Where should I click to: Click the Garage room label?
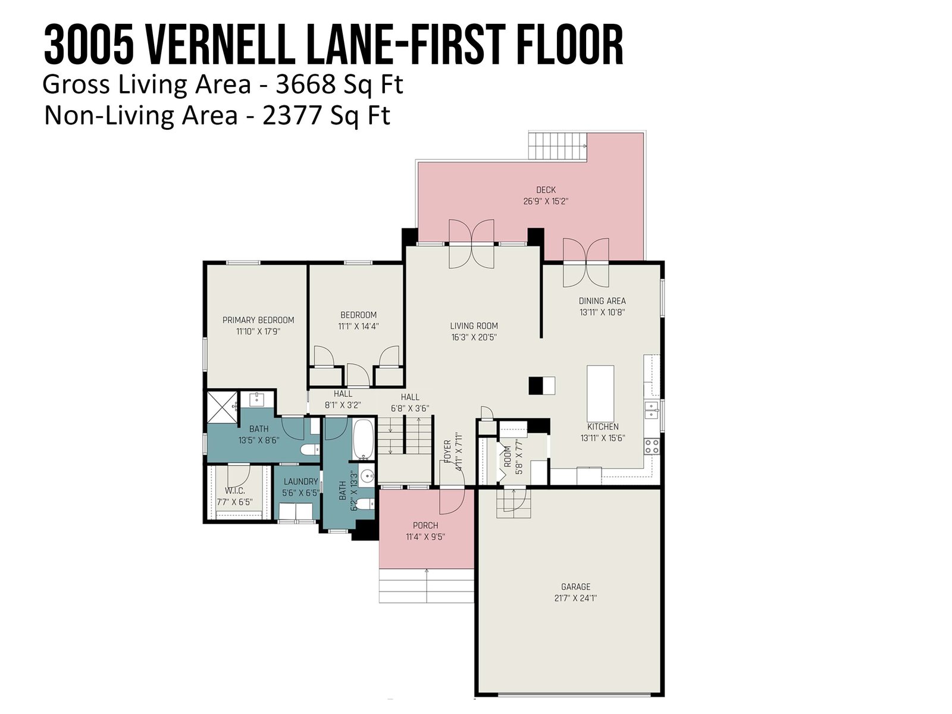tap(575, 587)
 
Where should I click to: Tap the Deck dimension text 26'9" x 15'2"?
tap(546, 201)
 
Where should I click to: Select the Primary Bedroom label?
tap(258, 320)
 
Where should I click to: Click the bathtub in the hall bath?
tap(363, 439)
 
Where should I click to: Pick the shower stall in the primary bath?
tap(222, 406)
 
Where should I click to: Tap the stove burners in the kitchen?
tap(652, 446)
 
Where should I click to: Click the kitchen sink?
tap(652, 410)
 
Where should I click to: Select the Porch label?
tap(425, 525)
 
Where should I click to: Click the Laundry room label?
tap(300, 481)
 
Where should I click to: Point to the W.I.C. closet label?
tap(234, 491)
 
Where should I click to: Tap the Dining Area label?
tap(602, 300)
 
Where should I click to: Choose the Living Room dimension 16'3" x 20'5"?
tap(474, 337)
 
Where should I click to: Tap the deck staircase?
tap(558, 146)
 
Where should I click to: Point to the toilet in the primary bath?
tap(309, 450)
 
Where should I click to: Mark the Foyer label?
tap(447, 451)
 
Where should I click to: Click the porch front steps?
tap(427, 585)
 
